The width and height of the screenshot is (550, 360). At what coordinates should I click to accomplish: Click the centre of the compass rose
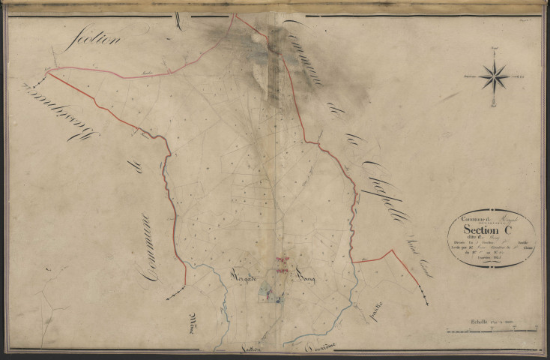click(494, 76)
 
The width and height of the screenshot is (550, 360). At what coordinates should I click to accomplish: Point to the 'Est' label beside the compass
click(523, 76)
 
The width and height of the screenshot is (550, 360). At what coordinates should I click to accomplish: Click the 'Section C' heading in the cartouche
click(486, 231)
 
